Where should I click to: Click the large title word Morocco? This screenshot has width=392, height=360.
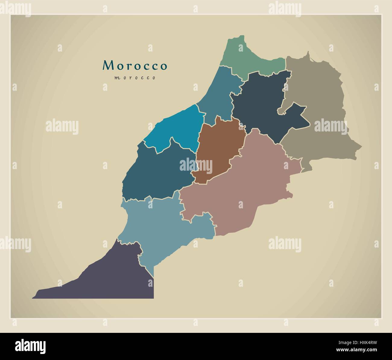(135, 65)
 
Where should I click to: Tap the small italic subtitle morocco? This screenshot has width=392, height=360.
(135, 78)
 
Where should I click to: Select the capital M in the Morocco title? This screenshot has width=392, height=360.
(108, 65)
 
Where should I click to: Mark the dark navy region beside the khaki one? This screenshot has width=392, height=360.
(259, 103)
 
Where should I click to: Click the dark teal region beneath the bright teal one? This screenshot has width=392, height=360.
(157, 175)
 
